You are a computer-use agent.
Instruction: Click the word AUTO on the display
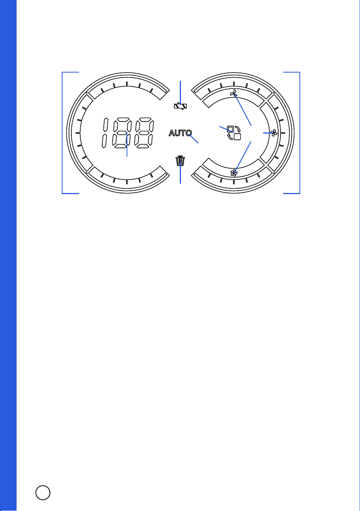tap(180, 133)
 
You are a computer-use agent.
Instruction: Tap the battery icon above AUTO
tap(181, 106)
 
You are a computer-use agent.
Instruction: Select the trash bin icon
tap(180, 161)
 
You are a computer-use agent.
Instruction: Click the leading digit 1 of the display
tap(105, 133)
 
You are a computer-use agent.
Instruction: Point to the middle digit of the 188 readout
tap(122, 133)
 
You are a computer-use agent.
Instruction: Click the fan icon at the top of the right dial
tap(233, 93)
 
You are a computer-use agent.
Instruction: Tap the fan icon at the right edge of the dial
tap(274, 133)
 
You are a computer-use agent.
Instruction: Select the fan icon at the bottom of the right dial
tap(233, 173)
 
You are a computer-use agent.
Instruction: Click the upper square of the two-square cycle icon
tap(230, 129)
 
